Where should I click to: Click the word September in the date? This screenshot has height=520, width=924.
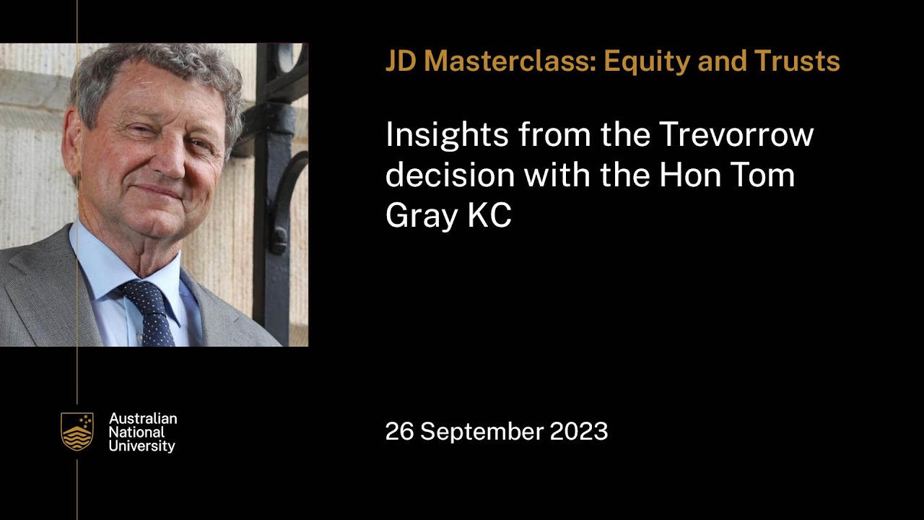point(481,432)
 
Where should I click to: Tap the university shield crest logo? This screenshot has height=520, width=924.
point(77,432)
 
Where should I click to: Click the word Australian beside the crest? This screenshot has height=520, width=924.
point(143,419)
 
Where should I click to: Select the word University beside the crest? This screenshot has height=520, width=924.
point(142,446)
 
